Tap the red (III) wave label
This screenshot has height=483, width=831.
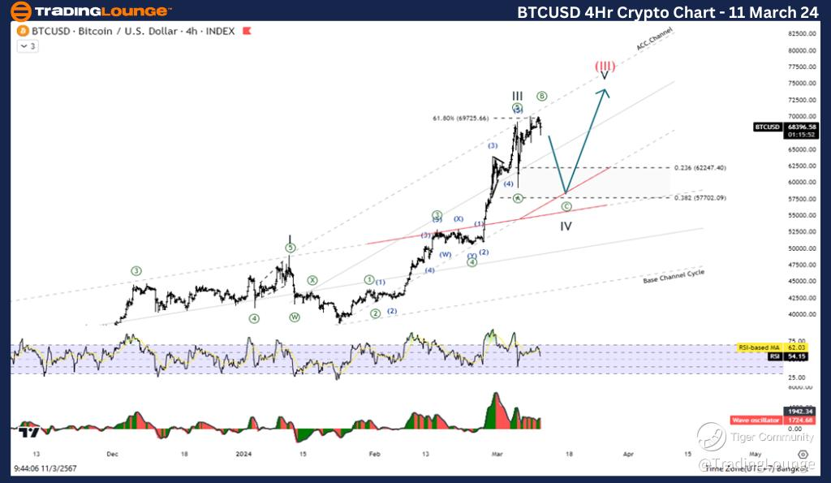coord(604,66)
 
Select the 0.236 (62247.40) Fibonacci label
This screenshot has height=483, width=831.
coord(700,167)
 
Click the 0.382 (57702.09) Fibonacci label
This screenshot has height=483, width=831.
coord(700,198)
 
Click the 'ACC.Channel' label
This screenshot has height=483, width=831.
coord(655,38)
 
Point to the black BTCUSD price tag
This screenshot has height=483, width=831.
coord(767,127)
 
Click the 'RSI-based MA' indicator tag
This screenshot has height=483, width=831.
coord(755,347)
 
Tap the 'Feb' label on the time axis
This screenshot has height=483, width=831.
coord(373,455)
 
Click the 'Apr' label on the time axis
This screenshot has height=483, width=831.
coord(627,455)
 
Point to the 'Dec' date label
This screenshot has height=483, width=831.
coord(112,455)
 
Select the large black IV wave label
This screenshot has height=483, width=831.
coord(566,226)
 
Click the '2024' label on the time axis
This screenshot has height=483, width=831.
coord(244,455)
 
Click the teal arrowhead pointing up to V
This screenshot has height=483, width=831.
coord(604,91)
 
